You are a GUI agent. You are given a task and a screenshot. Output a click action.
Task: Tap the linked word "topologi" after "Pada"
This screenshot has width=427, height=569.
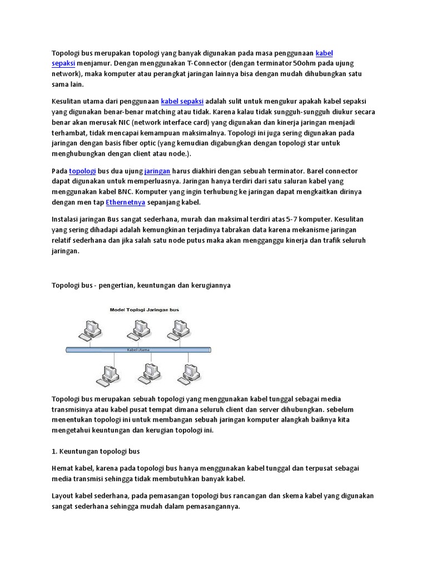click(82, 171)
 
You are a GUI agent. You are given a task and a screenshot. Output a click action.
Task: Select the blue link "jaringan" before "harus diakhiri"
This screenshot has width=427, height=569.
click(157, 171)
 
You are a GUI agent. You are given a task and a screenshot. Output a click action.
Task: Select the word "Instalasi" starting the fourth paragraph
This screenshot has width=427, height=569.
click(67, 218)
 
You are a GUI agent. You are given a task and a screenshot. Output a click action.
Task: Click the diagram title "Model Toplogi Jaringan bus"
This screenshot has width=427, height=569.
click(143, 310)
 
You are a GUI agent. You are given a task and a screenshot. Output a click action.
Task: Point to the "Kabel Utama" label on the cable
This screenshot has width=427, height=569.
click(138, 350)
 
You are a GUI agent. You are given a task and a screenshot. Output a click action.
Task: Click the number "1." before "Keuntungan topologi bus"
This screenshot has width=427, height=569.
click(54, 451)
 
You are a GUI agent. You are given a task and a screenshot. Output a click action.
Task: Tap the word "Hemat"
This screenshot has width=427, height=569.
click(63, 468)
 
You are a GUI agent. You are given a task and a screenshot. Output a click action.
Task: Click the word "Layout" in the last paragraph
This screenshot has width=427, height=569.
click(63, 496)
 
